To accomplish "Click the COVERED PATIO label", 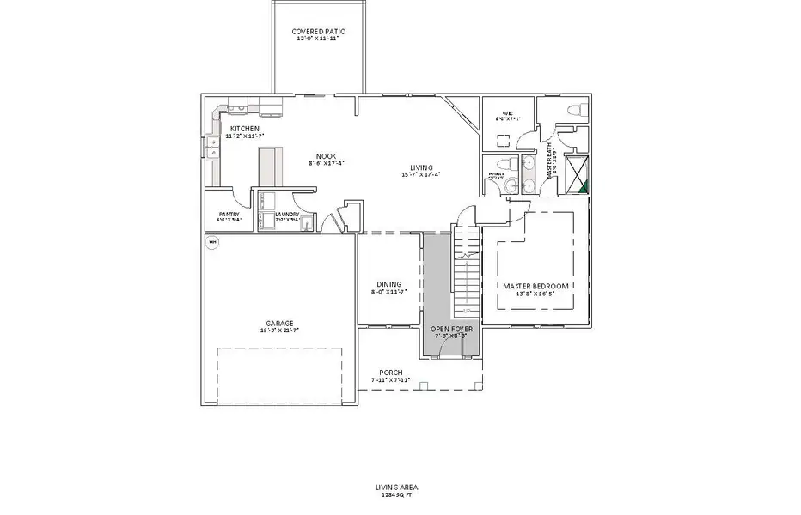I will tap(319, 31).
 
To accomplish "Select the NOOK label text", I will tap(325, 155).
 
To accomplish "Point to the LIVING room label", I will tap(420, 167).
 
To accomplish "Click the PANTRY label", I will tap(229, 215).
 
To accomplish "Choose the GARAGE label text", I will tap(278, 324).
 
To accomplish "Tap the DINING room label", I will tap(388, 285).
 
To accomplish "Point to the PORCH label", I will tap(391, 373).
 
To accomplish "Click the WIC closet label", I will tap(507, 112).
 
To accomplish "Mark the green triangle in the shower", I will tap(583, 182).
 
